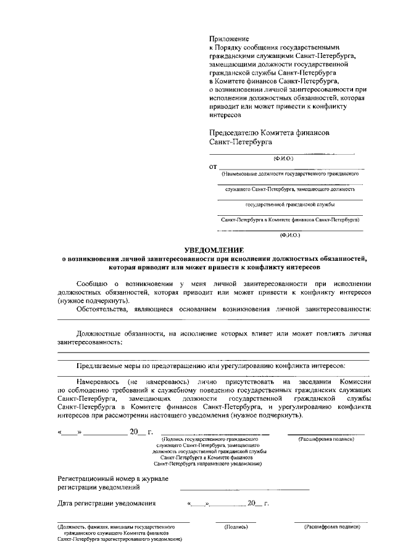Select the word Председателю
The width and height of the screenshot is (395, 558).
click(x=239, y=133)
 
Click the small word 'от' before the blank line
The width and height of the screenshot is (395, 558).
click(x=214, y=166)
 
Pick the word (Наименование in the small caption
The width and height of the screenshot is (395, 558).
click(x=243, y=174)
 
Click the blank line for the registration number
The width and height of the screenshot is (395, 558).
click(x=244, y=488)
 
